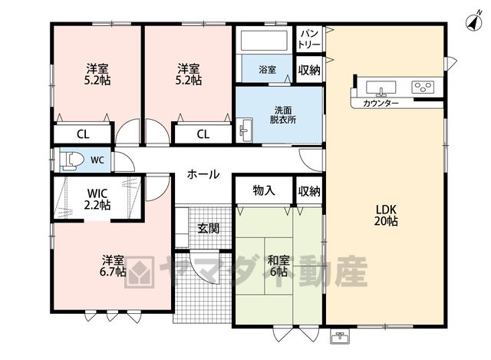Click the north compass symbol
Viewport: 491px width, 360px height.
pos(474,22)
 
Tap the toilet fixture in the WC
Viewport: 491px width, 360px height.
pos(71,160)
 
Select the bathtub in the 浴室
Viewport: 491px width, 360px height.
pos(264,40)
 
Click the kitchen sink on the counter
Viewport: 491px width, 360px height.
pos(381,88)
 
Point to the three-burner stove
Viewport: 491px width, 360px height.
pos(423,87)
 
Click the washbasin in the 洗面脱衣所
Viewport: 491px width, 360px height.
pos(245,130)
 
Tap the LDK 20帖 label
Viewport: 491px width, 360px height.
pos(386,215)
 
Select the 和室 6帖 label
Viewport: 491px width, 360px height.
pos(278,266)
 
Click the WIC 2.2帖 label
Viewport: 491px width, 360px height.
pos(97,199)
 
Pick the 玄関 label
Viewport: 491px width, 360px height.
pos(208,229)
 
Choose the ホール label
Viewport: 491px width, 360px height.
pos(203,174)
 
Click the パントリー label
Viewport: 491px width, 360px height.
pos(309,38)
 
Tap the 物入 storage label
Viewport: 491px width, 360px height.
pos(264,190)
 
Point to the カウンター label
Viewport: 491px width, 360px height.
pos(381,103)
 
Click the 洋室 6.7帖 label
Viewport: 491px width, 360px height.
pos(113,266)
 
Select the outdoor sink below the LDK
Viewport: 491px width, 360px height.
pos(340,337)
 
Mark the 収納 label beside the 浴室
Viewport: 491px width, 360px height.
pos(309,70)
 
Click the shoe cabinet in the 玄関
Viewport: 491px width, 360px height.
pos(182,227)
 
